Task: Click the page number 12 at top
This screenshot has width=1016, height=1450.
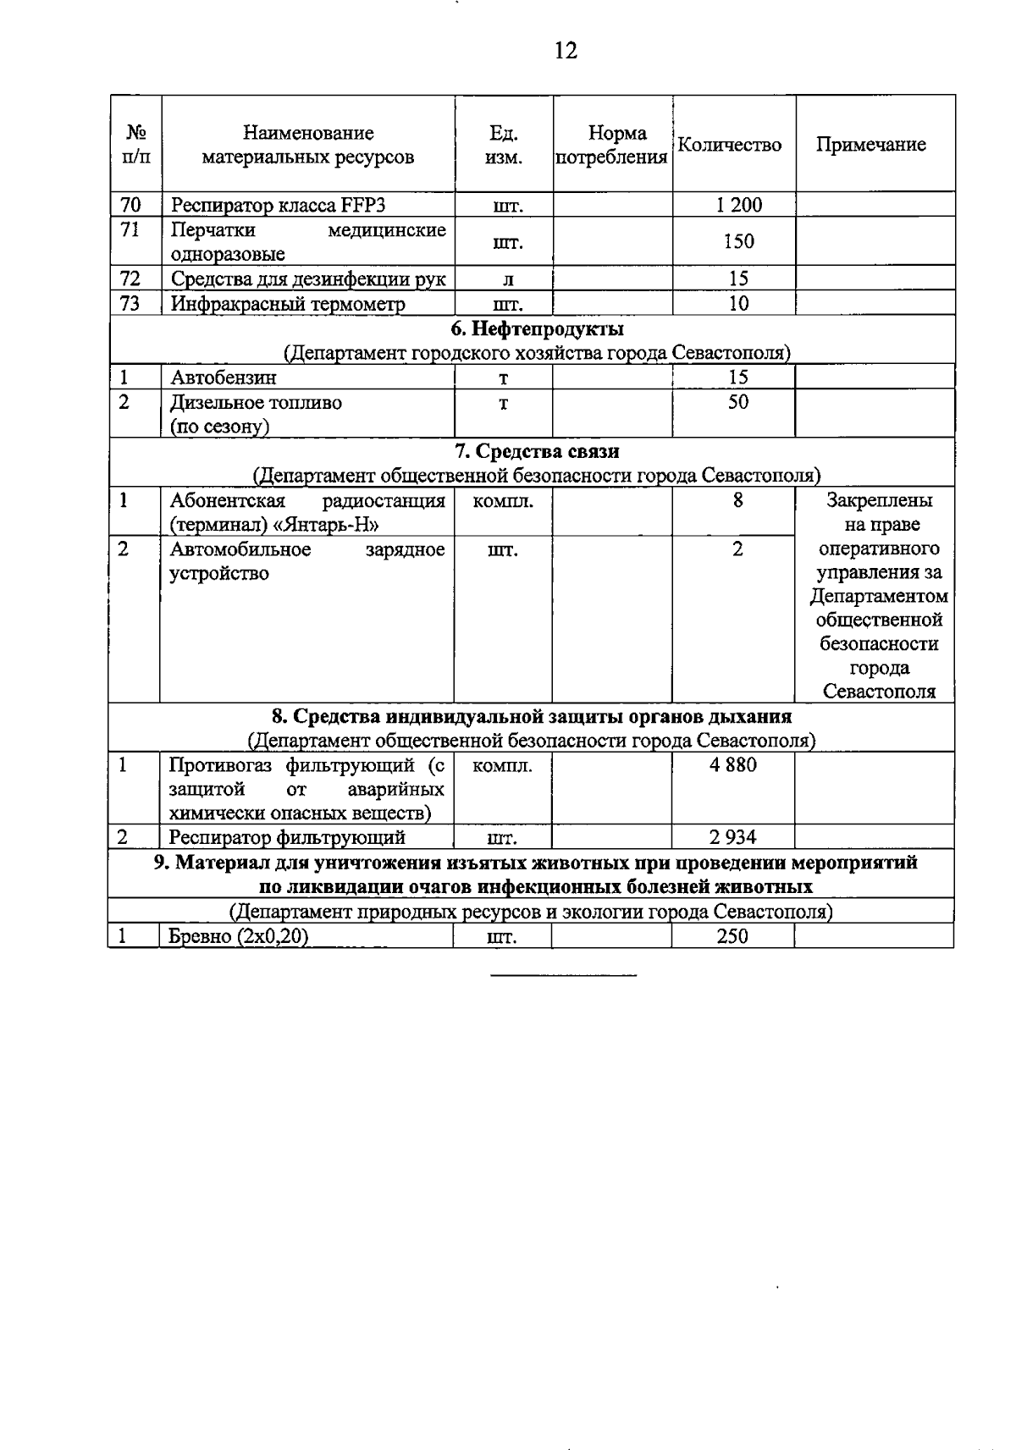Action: pos(566,51)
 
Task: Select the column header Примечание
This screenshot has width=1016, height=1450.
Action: pos(870,144)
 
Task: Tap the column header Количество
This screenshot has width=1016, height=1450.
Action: pos(730,144)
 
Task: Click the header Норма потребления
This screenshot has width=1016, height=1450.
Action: pos(612,145)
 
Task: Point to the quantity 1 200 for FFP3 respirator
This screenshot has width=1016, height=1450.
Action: pos(737,205)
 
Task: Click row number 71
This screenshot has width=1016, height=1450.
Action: pos(130,229)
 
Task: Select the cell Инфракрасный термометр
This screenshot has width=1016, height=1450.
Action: pos(288,304)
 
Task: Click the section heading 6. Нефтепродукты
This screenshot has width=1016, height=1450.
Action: pos(536,328)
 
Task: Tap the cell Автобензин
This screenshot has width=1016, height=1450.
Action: pos(224,378)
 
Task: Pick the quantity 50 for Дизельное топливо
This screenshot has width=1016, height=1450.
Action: pos(738,402)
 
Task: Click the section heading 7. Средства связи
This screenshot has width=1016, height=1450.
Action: pos(536,451)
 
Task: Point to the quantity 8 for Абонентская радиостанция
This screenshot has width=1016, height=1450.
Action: pos(738,500)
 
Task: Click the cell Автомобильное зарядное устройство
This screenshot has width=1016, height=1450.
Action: pos(306,561)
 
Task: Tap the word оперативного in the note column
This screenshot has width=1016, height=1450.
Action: pos(879,549)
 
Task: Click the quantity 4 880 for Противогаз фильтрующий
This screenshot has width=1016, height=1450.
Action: pos(733,765)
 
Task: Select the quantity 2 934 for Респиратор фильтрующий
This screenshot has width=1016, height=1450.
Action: pos(733,838)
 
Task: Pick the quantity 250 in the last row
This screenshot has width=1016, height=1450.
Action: pos(732,936)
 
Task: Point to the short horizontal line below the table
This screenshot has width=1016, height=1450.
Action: pos(563,976)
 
